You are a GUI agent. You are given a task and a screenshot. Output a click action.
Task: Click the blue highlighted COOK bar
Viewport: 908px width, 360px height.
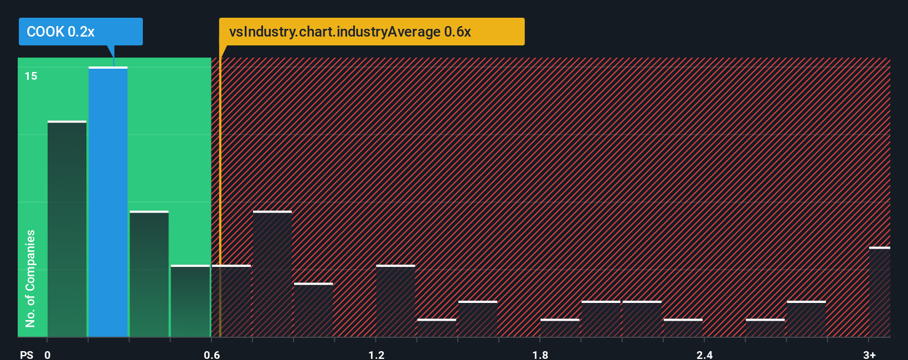[x=108, y=202]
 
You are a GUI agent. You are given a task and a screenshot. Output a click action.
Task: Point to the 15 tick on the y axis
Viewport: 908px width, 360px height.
[x=31, y=76]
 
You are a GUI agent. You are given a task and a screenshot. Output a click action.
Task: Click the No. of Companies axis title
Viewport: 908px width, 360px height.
[x=30, y=278]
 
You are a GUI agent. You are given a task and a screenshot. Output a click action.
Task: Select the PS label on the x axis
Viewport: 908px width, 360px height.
[x=27, y=354]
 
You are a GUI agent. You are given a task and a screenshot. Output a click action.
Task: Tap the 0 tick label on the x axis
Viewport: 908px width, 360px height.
[x=48, y=354]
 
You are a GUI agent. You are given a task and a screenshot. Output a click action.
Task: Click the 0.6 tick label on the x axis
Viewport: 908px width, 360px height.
[x=211, y=354]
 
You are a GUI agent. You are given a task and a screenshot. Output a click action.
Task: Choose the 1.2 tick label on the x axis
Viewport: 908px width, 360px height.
[x=376, y=354]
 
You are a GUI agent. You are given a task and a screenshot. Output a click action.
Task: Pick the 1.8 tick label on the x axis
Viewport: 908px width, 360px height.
[x=540, y=354]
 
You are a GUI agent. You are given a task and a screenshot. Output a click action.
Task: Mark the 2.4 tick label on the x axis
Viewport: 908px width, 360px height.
[x=704, y=354]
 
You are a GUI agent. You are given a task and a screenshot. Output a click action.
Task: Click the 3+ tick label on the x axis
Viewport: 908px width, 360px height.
[x=869, y=354]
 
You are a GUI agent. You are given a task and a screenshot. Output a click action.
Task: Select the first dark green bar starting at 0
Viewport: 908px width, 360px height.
[x=67, y=229]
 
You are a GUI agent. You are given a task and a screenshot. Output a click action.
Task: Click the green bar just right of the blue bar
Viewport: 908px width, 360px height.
[x=149, y=274]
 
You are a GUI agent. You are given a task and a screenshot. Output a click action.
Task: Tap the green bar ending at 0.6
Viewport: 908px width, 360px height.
[x=190, y=301]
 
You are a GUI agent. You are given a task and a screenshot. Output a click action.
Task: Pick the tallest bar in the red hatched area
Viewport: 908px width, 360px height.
[x=272, y=274]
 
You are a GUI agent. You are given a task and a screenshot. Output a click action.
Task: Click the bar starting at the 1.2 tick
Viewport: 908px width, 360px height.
[x=395, y=301]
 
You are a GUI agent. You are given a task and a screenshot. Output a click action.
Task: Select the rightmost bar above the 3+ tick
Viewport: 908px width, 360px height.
[x=879, y=292]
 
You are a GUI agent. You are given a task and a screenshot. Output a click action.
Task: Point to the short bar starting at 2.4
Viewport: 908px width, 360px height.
[x=683, y=328]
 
